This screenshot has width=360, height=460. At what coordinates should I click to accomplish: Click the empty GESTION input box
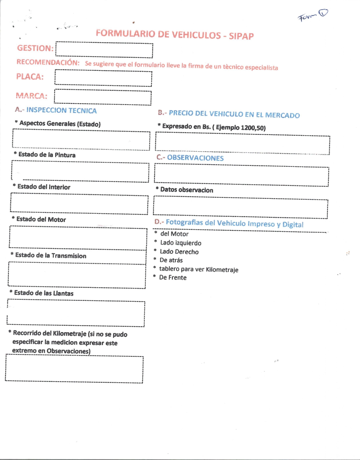click(x=104, y=50)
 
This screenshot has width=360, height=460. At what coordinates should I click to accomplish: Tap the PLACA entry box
click(x=103, y=78)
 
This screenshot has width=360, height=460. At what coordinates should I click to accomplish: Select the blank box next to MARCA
click(x=103, y=97)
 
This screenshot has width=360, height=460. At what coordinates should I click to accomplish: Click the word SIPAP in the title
click(x=241, y=36)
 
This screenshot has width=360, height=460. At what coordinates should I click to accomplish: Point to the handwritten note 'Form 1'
click(x=313, y=16)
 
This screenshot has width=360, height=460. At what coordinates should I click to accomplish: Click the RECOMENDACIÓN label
click(x=48, y=62)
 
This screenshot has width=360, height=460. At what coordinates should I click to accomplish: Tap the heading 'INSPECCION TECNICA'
click(x=61, y=110)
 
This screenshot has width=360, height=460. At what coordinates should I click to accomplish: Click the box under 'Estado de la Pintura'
click(x=80, y=172)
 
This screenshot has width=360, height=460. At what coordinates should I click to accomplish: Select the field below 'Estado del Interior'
click(x=79, y=204)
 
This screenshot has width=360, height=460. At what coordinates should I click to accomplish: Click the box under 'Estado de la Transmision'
click(x=77, y=275)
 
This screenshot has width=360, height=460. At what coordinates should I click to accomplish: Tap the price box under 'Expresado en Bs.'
click(x=242, y=144)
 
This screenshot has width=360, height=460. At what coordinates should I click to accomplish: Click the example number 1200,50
click(x=252, y=128)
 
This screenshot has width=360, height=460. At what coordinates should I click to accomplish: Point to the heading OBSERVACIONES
click(x=195, y=158)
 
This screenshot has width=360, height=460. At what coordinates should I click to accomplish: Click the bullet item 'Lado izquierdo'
click(x=181, y=243)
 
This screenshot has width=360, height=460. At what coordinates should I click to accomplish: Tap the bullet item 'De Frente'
click(x=173, y=277)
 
